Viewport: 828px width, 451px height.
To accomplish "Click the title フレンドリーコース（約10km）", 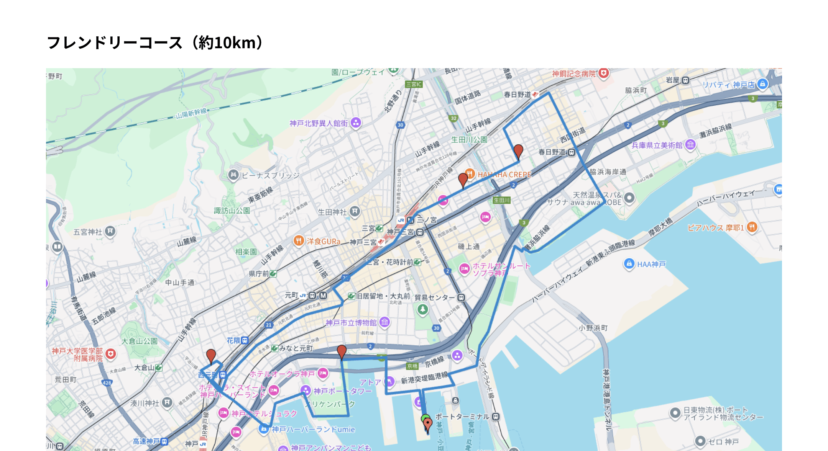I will coord(155,42).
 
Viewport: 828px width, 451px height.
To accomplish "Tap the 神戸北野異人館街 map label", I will coord(318,123).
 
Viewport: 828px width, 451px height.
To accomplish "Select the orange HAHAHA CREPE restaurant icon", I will coord(470,174).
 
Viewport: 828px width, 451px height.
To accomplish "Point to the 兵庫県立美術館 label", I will coord(657,145).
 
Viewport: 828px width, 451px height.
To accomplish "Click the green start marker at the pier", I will coord(425,418).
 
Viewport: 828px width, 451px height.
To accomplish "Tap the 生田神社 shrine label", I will coord(332,212).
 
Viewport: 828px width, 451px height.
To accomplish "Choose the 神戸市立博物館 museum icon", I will coord(384,322).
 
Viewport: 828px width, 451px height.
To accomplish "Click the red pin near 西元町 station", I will coord(211,355).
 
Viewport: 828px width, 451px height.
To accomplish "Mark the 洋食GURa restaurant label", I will coord(323,242).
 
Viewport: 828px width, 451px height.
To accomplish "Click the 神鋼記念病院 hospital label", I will coord(574,74).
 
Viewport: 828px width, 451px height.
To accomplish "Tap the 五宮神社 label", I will coord(88,232).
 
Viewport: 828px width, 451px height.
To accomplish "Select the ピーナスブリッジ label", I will coord(271,175).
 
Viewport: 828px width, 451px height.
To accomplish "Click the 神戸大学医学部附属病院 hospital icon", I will coord(111,354).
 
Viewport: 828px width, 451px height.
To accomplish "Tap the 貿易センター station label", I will coord(434,297).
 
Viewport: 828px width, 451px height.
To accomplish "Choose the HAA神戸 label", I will coord(651,264).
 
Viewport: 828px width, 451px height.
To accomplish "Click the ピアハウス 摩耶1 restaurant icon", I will coord(752,227).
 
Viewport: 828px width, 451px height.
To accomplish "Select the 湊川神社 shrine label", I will coord(145,403).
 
